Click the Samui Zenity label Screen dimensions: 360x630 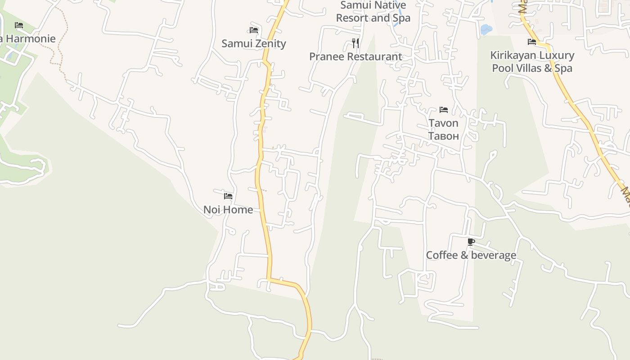pos(254,44)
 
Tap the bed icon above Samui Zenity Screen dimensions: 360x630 pos(254,30)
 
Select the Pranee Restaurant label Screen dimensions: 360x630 pos(355,57)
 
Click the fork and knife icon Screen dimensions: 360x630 pos(355,43)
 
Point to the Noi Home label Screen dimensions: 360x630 pos(228,210)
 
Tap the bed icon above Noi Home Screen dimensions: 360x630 pos(228,196)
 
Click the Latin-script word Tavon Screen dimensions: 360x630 pos(443,123)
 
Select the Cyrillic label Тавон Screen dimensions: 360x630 pos(443,136)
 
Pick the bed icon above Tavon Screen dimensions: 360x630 pos(444,110)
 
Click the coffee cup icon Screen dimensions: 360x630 pos(471,242)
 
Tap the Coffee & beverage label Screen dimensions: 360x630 pos(471,255)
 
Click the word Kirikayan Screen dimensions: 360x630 pos(511,55)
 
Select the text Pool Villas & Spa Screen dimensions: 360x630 pos(532,68)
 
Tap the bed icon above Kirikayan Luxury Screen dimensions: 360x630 pos(532,42)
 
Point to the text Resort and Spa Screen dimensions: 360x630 pos(373,18)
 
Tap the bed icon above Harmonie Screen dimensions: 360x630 pos(19,25)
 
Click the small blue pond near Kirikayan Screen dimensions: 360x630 pos(486,30)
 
